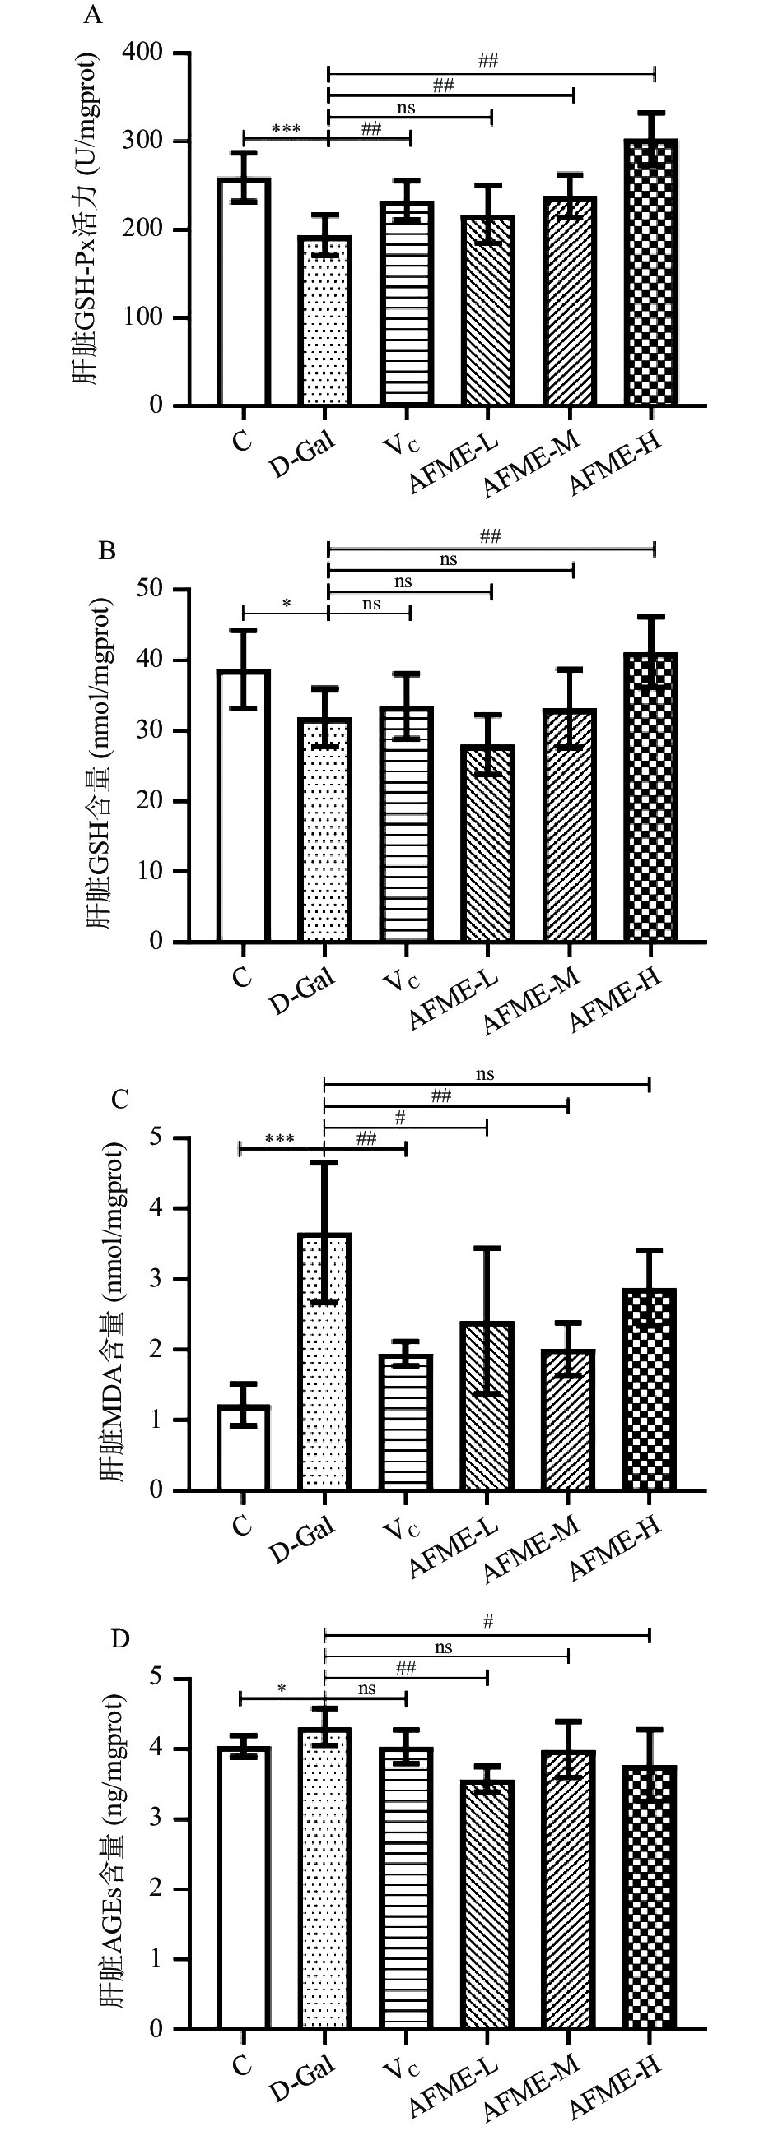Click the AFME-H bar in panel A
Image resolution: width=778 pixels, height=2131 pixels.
(652, 273)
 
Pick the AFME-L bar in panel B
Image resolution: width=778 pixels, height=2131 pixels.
(488, 844)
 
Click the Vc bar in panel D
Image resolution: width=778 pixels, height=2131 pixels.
(406, 1886)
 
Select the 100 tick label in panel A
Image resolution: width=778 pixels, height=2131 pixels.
(143, 317)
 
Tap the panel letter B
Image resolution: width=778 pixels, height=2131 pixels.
(107, 551)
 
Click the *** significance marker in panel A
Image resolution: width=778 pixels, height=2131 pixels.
(287, 129)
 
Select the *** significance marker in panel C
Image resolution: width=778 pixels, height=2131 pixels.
(280, 1139)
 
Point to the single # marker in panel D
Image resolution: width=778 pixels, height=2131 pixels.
(488, 1622)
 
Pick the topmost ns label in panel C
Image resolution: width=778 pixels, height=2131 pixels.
(485, 1074)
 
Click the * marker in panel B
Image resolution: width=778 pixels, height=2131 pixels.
(287, 604)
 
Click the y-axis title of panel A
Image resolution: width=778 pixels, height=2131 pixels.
(86, 220)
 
